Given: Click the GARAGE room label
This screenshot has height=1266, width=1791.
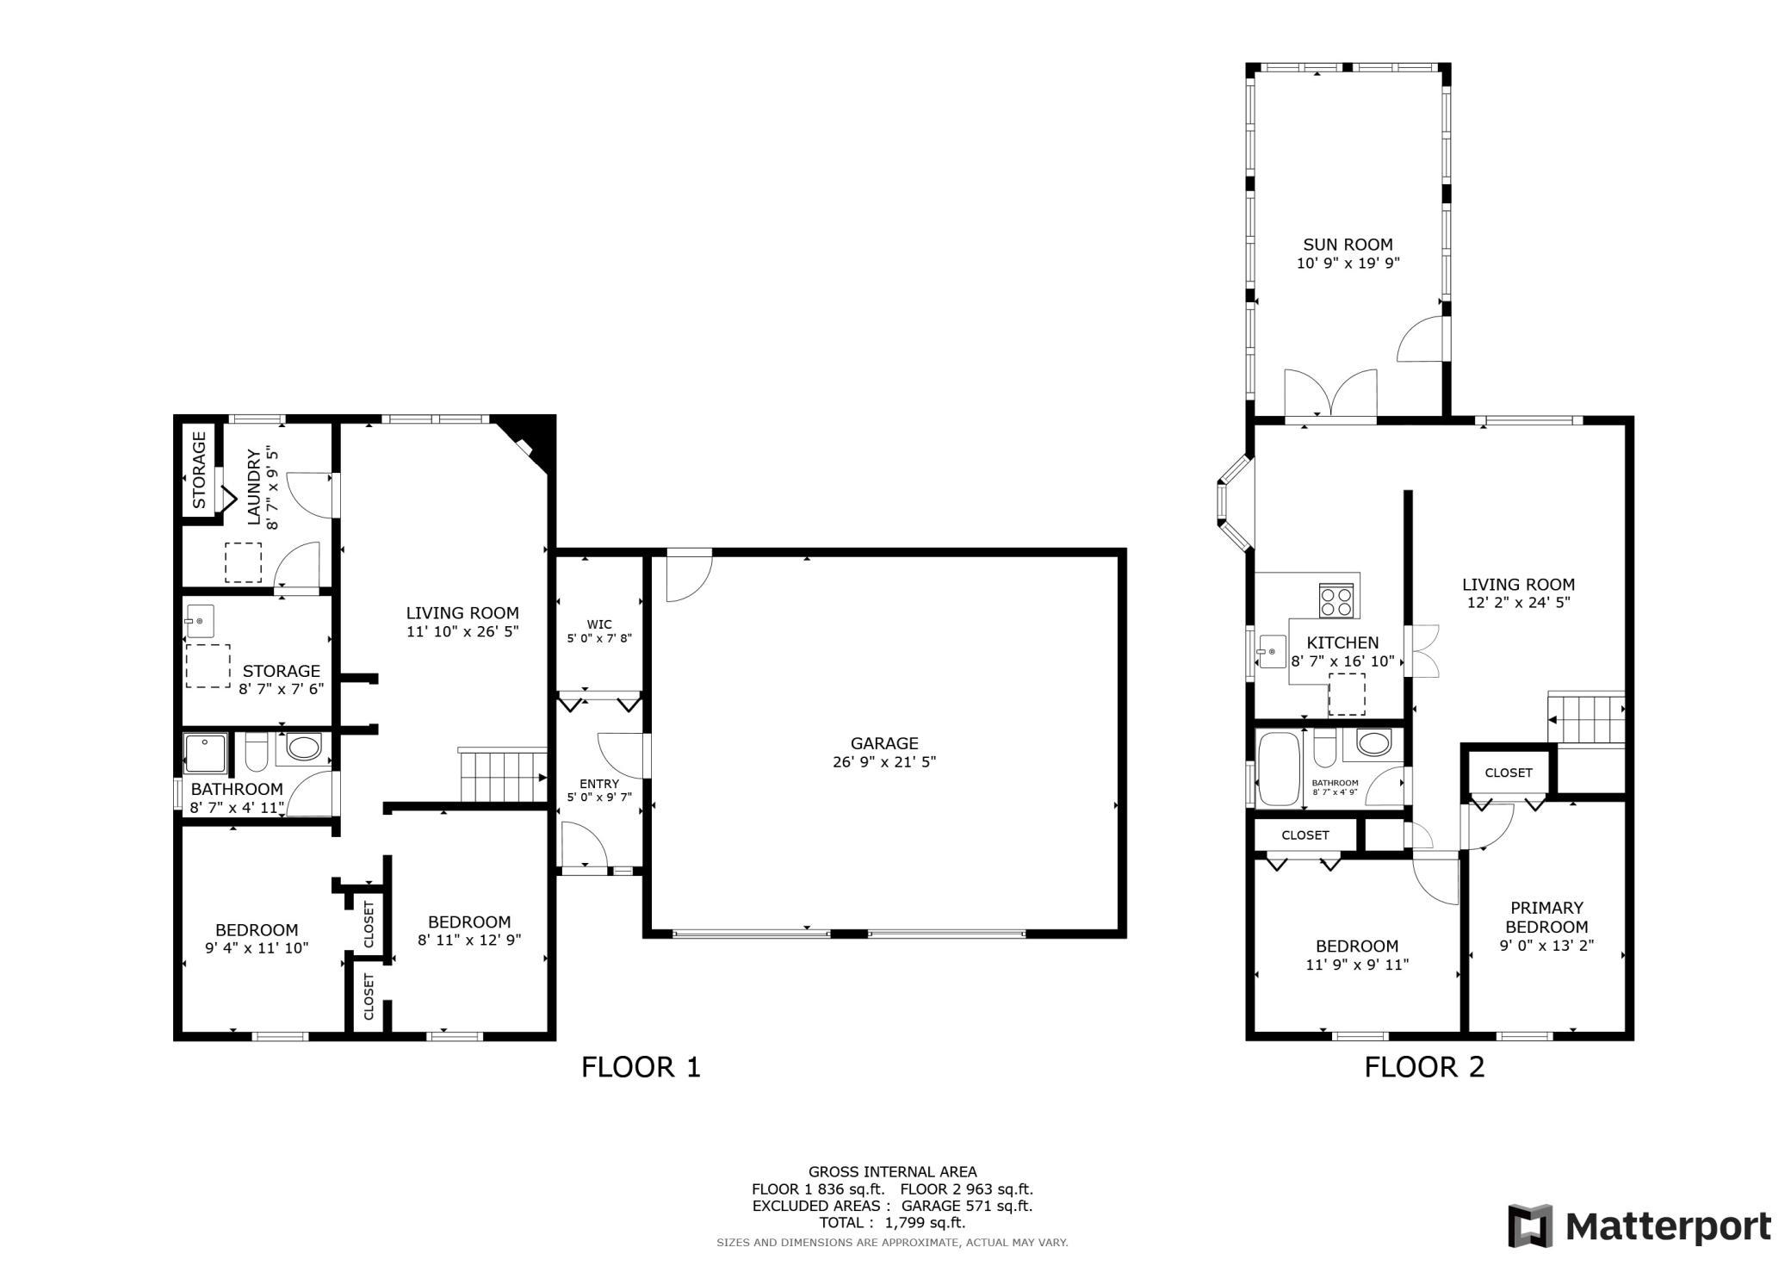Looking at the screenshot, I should [x=883, y=743].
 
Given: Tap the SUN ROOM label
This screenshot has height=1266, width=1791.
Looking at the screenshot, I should [x=1348, y=245].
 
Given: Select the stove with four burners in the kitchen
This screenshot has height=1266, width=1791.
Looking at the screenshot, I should [x=1337, y=599].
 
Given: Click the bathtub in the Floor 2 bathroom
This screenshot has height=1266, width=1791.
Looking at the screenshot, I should [x=1277, y=768].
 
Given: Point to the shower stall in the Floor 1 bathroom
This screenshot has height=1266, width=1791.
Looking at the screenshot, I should [x=205, y=753].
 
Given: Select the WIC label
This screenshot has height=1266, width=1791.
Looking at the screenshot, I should [x=599, y=624].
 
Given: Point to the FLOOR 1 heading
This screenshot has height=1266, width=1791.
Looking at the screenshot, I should [x=641, y=1067].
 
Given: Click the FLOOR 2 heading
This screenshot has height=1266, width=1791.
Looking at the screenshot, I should [x=1424, y=1067].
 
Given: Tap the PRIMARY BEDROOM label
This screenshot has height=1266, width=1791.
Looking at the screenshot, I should [x=1546, y=917].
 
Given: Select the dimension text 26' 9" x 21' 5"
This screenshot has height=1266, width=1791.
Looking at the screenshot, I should [x=883, y=762].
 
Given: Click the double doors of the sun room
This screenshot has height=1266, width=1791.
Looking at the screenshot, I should [x=1330, y=396].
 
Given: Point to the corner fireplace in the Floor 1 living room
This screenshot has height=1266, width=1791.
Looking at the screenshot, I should [x=527, y=441].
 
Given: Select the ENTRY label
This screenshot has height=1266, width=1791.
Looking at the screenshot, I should [x=599, y=784].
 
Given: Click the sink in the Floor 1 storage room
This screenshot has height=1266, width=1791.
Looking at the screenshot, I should [x=200, y=620].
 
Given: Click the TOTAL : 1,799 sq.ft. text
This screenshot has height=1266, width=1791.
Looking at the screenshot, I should [x=892, y=1222].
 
